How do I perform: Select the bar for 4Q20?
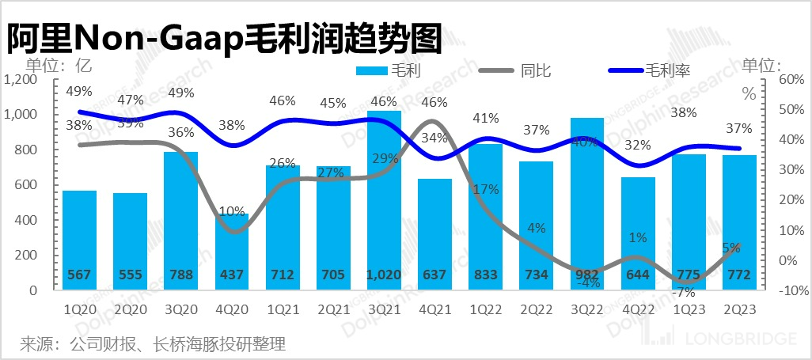tap(232, 253)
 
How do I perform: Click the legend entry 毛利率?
tap(669, 70)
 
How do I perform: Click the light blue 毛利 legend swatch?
tap(372, 71)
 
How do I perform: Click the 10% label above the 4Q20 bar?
tap(232, 212)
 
